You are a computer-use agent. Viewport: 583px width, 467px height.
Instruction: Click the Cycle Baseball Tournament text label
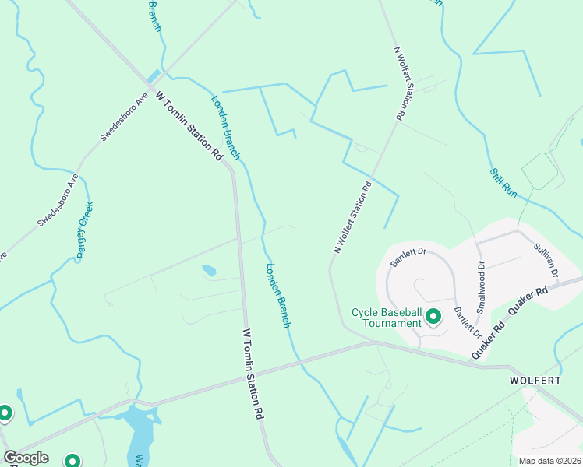pos(387,318)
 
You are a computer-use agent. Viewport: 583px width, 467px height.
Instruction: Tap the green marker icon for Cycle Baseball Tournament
pos(434,316)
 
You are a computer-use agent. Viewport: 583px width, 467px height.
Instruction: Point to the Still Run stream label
pos(503,182)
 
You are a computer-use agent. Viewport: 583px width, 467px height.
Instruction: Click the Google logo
pos(26,458)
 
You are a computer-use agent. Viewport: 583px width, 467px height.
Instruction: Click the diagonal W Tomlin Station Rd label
pos(189,126)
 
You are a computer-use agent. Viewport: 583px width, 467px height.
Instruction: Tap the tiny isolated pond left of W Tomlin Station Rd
pos(208,271)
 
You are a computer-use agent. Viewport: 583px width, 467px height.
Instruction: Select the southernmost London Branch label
pos(278,296)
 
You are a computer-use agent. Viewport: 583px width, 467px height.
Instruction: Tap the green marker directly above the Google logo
pos(5,413)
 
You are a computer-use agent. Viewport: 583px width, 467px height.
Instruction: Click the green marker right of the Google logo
pos(72,462)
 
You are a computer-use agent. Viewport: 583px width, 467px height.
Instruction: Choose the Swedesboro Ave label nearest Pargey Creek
pos(58,200)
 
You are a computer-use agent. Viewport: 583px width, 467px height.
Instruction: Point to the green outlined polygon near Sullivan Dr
pos(539,170)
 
